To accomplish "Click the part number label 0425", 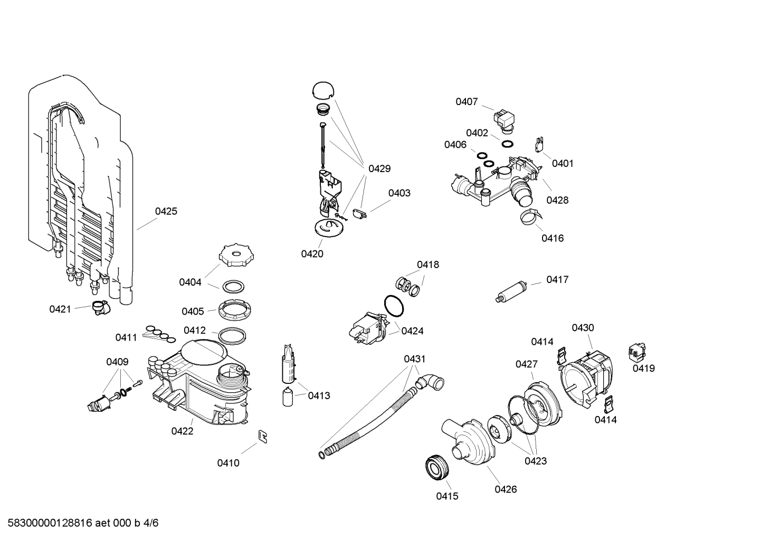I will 166,211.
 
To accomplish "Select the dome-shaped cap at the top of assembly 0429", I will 323,90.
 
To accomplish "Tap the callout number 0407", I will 467,102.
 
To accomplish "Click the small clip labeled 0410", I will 262,436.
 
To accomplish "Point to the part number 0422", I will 182,431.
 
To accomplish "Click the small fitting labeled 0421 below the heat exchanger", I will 99,307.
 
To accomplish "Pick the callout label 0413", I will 319,395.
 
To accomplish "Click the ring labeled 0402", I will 507,145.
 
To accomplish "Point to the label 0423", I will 535,461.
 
